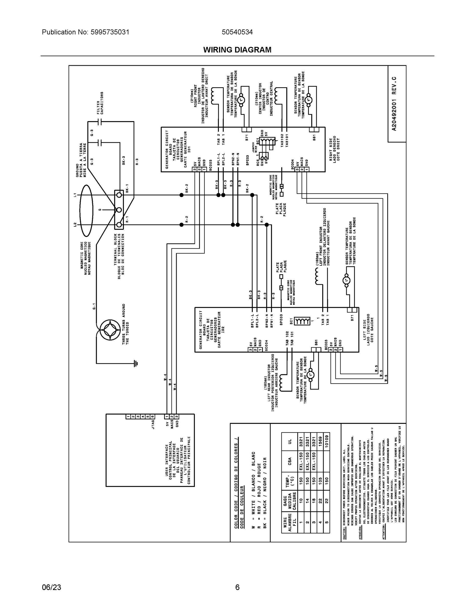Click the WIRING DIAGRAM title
click(x=237, y=50)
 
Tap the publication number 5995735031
click(x=110, y=32)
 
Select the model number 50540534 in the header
click(x=237, y=32)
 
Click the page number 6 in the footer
click(x=237, y=587)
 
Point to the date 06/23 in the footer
click(x=51, y=587)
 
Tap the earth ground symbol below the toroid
click(x=136, y=364)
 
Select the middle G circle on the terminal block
click(x=119, y=210)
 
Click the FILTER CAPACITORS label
click(x=100, y=103)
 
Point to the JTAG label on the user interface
click(x=153, y=424)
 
